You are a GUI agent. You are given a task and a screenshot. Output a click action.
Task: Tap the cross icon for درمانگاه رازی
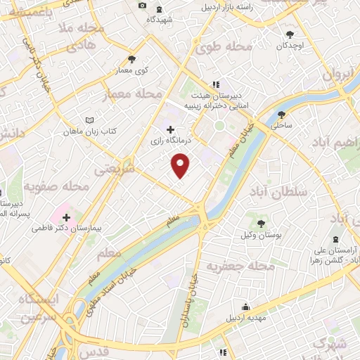coord(170,129)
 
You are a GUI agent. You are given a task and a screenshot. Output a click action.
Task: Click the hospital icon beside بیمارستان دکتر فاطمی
coord(67,218)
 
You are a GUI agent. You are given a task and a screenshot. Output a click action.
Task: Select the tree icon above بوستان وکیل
coord(262,224)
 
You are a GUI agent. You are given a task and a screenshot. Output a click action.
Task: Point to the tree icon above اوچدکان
coord(290,34)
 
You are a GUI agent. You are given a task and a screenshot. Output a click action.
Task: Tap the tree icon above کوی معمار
coord(131,59)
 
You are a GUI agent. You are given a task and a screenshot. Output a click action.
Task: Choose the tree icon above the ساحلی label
coord(282,115)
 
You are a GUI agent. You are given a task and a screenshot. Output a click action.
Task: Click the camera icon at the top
coord(143,6)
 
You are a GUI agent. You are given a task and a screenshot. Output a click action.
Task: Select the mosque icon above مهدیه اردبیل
coord(245,307)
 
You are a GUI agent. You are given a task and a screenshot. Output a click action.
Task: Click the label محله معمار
coord(134,94)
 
